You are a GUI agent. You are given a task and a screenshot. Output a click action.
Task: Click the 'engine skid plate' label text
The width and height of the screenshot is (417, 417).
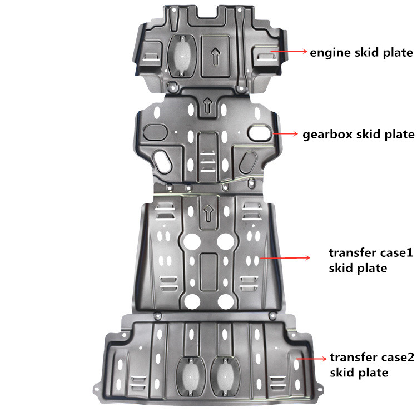[361, 53]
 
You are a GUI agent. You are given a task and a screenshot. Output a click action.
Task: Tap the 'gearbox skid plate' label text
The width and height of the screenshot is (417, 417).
[359, 135]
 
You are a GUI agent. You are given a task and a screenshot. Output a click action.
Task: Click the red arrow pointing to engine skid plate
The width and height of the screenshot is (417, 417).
[289, 51]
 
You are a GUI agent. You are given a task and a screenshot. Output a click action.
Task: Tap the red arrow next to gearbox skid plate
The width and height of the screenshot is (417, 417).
[285, 133]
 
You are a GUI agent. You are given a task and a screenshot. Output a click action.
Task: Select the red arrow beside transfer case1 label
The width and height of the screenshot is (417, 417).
[285, 257]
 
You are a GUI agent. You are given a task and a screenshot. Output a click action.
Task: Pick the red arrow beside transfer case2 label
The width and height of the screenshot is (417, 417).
[311, 359]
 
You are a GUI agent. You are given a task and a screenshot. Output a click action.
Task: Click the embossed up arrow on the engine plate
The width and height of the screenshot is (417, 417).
[215, 56]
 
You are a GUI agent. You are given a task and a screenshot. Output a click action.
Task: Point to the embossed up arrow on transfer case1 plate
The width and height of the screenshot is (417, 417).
[209, 213]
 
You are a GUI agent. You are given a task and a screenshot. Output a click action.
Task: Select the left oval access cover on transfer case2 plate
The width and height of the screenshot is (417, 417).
[191, 376]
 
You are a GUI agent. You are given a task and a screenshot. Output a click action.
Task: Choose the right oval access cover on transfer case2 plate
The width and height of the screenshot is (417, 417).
[225, 376]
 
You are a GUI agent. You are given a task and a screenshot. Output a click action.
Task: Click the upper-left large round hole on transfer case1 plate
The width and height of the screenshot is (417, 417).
[192, 241]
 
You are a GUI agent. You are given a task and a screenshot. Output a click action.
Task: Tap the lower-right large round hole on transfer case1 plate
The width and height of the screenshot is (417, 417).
[226, 302]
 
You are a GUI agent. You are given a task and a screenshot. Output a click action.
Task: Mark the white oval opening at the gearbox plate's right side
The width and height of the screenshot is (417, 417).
[260, 133]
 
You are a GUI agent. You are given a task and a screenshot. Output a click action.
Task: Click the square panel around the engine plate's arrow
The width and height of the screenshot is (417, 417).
[215, 56]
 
